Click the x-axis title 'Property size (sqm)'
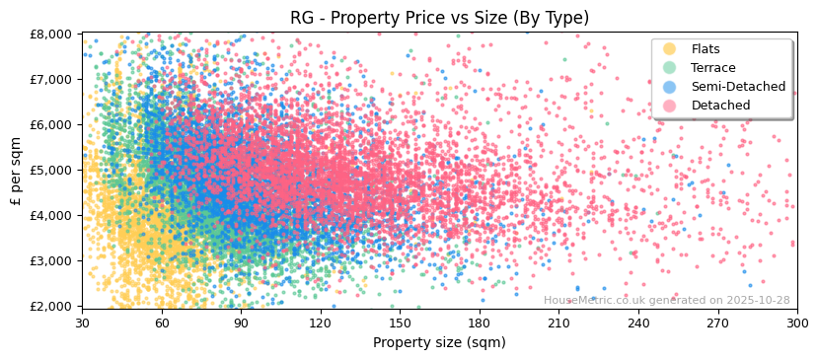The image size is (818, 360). click(439, 342)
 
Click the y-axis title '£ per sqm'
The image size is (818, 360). click(17, 170)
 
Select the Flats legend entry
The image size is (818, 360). click(706, 49)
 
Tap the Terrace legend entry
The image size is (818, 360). click(712, 68)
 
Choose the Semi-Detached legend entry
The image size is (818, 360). click(738, 87)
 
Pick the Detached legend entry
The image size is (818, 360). click(720, 106)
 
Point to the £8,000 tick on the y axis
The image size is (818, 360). click(51, 34)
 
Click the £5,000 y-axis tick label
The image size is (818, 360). click(51, 170)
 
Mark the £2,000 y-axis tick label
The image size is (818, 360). click(51, 306)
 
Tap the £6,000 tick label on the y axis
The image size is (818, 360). click(51, 124)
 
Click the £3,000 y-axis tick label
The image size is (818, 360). click(51, 260)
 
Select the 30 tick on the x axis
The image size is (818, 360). click(82, 323)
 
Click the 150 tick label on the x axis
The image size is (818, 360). click(400, 323)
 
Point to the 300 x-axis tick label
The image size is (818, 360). click(796, 323)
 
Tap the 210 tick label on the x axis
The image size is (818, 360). click(558, 323)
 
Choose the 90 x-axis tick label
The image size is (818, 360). click(241, 323)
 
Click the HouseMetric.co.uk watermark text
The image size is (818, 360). click(666, 300)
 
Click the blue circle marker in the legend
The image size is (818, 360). click(670, 87)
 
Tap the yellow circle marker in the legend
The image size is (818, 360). click(670, 49)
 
